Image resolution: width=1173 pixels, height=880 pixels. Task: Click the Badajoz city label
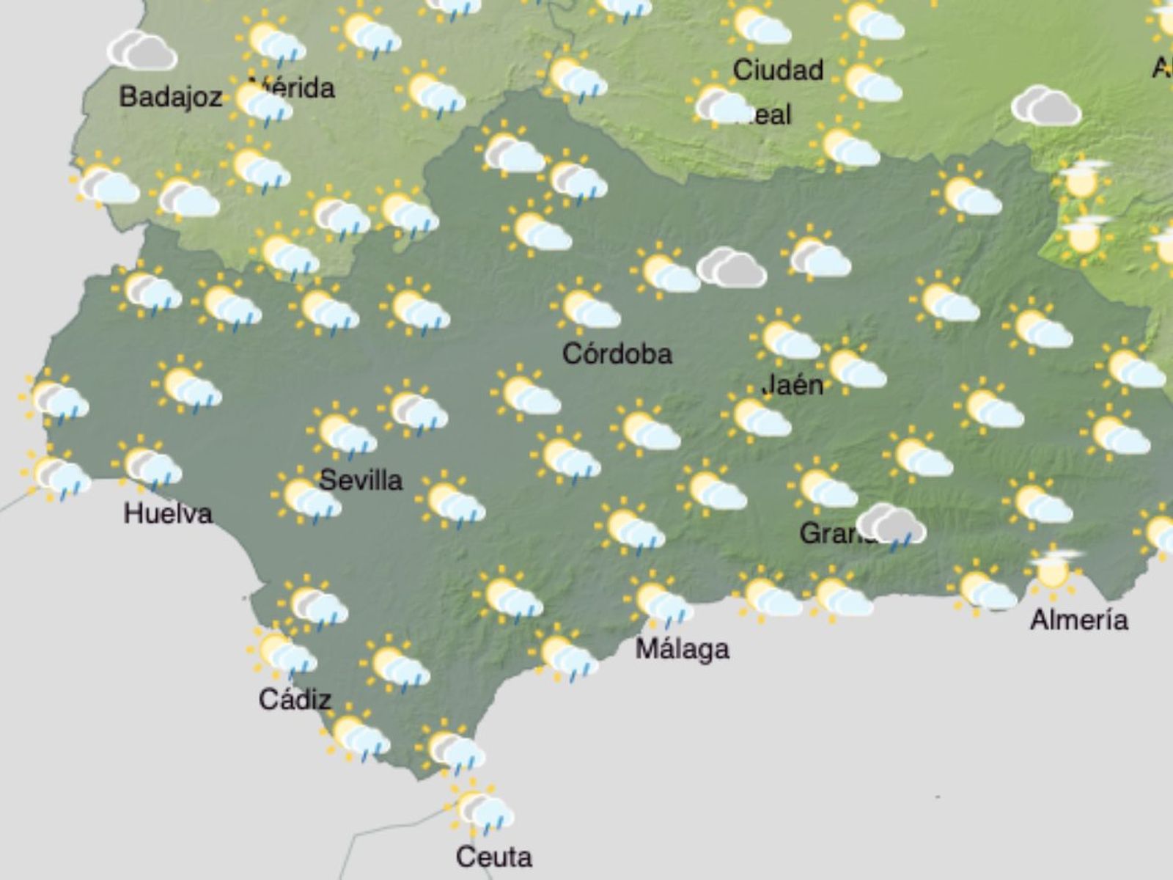(170, 97)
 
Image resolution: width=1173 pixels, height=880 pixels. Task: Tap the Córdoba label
(617, 354)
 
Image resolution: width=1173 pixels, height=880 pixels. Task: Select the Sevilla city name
(361, 480)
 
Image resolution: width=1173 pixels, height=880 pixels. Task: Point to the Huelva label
(168, 513)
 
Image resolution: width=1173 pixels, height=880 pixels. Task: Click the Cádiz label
(295, 700)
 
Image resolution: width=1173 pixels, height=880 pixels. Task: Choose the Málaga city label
(682, 649)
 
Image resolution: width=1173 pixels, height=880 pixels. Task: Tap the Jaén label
(793, 385)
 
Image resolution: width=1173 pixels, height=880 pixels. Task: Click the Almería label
(1078, 620)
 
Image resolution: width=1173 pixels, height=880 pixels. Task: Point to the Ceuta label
(493, 857)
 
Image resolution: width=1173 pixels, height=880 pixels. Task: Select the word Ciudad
(778, 70)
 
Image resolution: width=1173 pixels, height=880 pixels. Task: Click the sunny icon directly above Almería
(1054, 569)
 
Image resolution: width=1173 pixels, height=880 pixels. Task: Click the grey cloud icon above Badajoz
(142, 51)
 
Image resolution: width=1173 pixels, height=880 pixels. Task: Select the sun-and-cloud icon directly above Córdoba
(586, 308)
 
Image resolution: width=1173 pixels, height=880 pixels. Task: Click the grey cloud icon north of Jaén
(731, 268)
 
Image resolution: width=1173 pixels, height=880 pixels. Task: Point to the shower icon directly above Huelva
(148, 464)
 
